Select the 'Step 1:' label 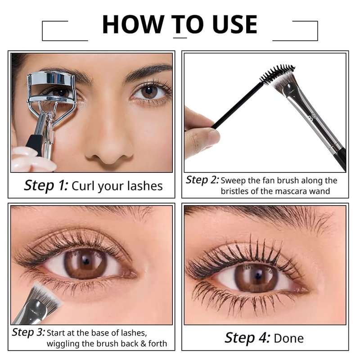coord(46,185)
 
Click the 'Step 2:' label coord(202,180)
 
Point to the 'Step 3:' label coord(29,332)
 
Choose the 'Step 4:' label coord(247,338)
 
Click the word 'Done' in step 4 coord(288,338)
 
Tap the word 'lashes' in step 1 coord(145,186)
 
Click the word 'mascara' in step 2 coord(292,191)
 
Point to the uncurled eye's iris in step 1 coord(149,92)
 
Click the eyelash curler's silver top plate coord(51,78)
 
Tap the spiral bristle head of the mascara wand coord(277,73)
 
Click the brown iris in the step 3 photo coord(85,263)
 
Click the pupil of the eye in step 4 coord(258,275)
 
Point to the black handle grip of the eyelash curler coord(35,144)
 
